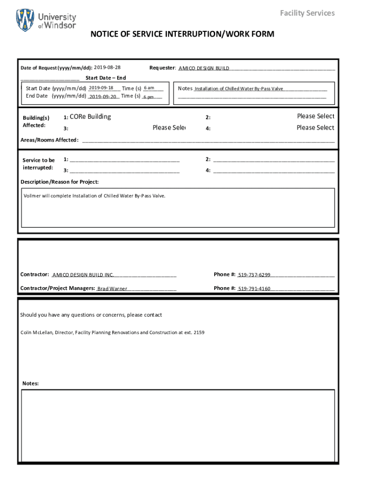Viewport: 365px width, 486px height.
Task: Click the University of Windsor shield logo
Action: (25, 20)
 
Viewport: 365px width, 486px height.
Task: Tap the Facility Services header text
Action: (307, 13)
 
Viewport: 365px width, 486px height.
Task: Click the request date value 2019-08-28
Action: (107, 67)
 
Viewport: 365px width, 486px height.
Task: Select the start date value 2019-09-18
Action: (101, 88)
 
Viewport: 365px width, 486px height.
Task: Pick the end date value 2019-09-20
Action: (103, 96)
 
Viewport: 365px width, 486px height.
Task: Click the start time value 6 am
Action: (149, 88)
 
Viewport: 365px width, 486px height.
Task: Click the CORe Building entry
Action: (90, 117)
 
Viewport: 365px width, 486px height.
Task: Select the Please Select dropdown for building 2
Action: (315, 116)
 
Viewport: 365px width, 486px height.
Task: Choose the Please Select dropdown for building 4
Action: (315, 128)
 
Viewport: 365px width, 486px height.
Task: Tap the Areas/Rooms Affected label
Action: (49, 140)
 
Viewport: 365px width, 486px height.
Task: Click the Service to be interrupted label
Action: (38, 164)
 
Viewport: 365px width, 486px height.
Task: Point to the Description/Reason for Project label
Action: (60, 182)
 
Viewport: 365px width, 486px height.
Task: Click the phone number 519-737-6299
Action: (254, 275)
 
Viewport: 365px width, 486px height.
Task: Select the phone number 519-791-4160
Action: (254, 289)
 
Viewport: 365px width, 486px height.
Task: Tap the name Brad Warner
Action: (112, 289)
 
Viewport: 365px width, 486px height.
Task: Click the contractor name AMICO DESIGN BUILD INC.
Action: (83, 275)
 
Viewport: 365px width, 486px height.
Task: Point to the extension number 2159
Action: (199, 333)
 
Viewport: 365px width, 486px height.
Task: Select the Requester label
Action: (163, 68)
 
